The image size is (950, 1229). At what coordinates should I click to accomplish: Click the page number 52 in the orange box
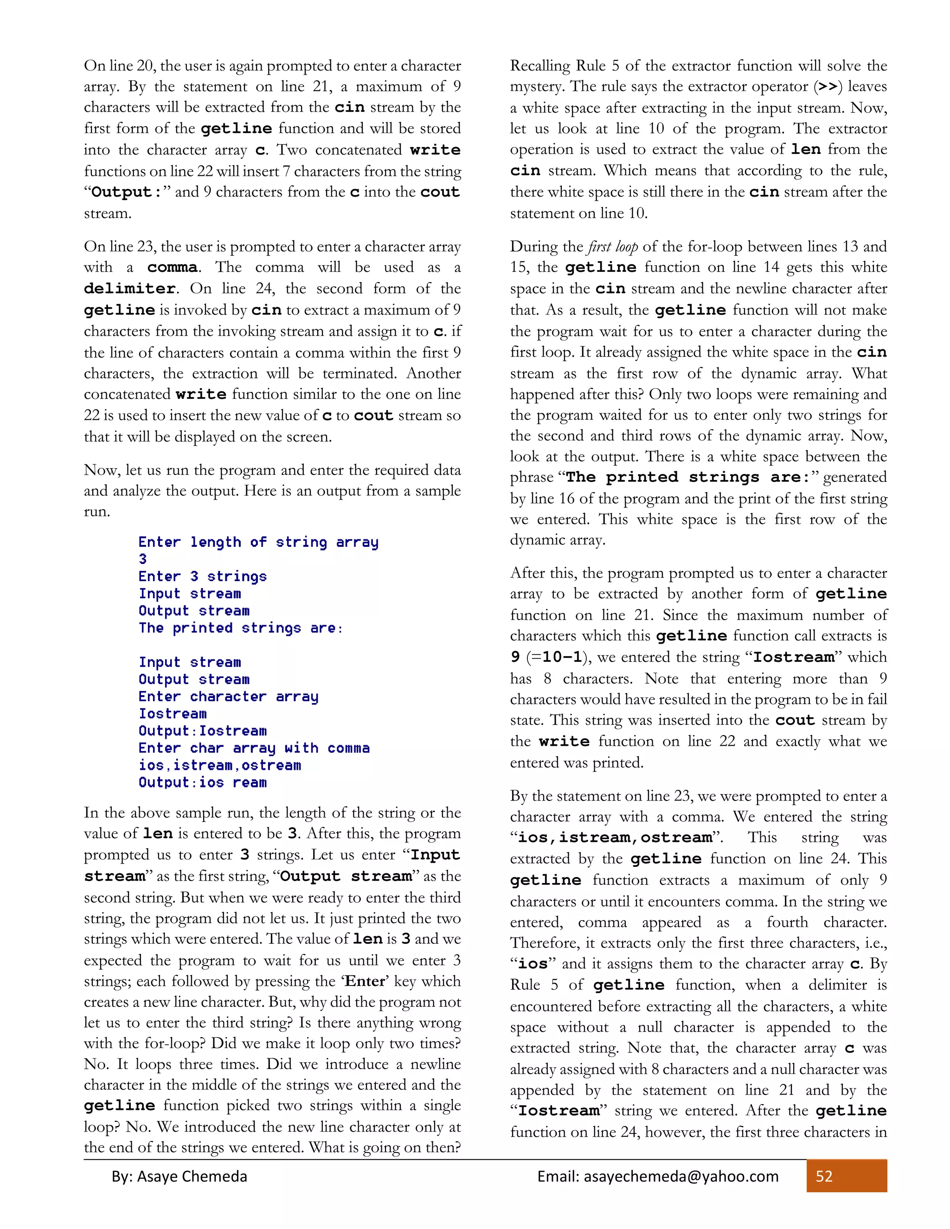click(824, 1176)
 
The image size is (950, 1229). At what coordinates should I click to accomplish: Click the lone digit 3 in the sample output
click(143, 559)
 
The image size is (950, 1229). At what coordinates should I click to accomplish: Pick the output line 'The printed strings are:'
click(241, 627)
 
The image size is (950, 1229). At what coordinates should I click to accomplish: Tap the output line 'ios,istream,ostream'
click(219, 765)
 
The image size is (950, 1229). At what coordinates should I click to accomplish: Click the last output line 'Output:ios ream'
click(203, 782)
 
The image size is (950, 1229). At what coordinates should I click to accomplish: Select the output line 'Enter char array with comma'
click(254, 748)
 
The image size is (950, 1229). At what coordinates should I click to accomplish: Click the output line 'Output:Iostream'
click(203, 730)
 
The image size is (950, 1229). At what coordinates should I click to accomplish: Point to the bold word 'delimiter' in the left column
click(130, 288)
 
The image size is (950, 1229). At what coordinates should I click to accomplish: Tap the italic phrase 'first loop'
click(612, 246)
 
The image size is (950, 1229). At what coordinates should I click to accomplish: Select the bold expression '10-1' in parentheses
click(562, 657)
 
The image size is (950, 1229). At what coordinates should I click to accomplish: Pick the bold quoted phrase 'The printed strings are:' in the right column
click(688, 477)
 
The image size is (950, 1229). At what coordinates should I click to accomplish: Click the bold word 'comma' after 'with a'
click(172, 267)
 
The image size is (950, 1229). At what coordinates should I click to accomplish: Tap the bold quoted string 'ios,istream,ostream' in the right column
click(615, 837)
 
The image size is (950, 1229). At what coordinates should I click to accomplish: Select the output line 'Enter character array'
click(229, 696)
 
